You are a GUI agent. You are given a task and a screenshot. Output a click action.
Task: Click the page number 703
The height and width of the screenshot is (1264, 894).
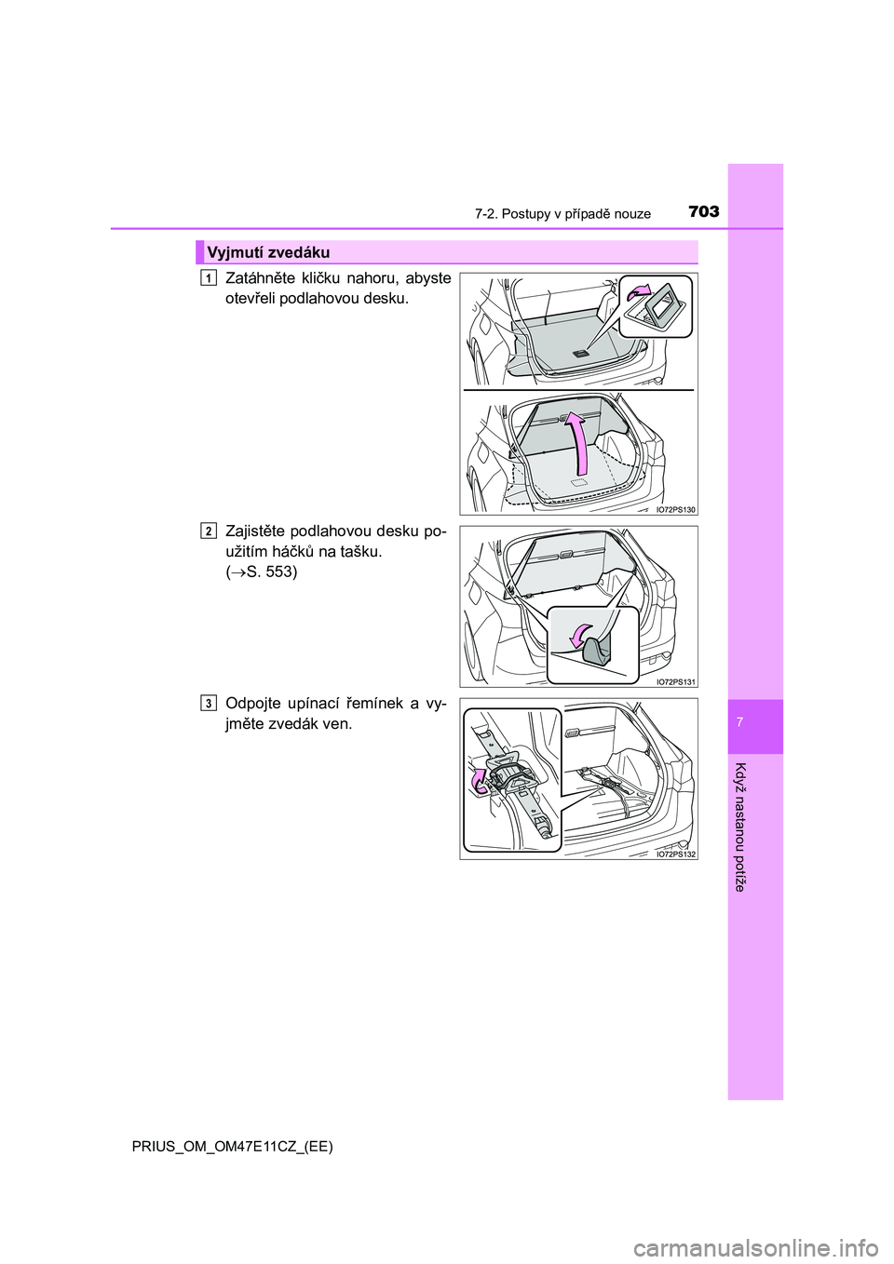704,212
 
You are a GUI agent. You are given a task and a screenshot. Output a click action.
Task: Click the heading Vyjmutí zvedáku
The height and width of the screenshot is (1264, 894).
268,252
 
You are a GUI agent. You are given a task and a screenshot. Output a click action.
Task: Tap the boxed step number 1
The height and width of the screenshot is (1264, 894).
209,277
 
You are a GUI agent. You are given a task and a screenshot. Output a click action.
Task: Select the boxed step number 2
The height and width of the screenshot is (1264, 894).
209,531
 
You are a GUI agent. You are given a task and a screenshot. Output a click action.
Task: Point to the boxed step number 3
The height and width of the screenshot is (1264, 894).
209,703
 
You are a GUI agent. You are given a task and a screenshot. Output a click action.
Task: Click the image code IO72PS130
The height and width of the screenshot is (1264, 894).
674,509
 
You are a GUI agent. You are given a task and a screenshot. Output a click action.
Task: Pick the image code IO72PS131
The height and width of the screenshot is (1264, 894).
674,681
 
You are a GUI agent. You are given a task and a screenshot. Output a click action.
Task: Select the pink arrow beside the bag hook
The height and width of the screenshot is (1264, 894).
580,636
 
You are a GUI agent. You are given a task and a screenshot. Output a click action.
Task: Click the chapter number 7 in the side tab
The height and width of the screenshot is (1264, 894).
755,723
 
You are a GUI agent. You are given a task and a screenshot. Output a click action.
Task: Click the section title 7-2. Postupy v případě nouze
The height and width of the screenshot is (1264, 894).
562,214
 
